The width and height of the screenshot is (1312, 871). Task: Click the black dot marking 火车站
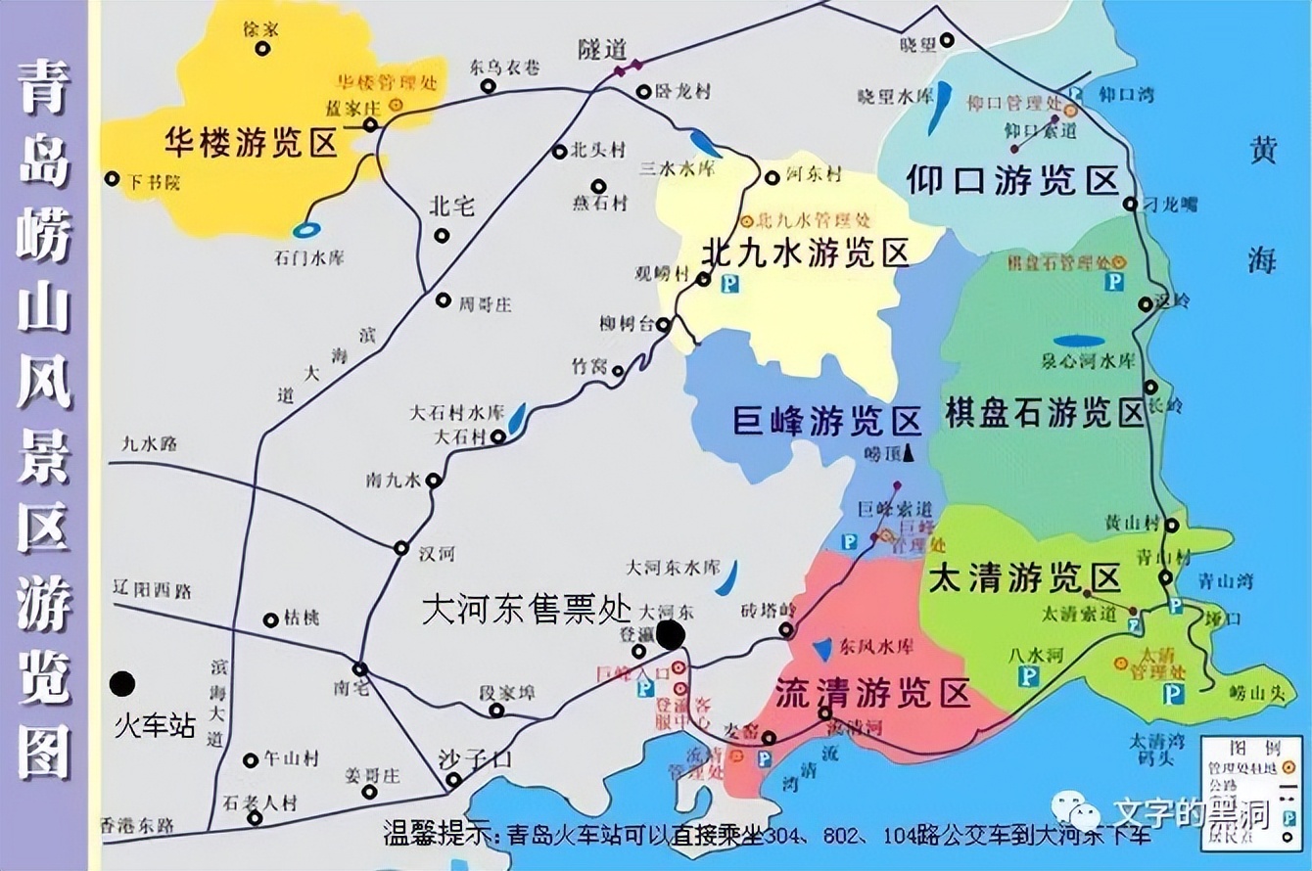122,683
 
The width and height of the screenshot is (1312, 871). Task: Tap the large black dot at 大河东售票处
671,635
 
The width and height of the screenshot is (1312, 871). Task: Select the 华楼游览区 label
251,143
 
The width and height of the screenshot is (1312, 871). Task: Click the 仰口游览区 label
1012,180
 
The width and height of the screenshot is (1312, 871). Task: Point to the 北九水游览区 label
806,252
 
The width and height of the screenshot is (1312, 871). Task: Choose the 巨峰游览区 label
827,423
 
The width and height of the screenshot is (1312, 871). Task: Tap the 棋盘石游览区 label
1046,412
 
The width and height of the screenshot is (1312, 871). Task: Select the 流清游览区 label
872,693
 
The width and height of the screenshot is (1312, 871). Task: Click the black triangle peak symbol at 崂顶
909,451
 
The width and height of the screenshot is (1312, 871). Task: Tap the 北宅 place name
451,206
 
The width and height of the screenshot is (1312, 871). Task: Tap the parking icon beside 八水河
1028,676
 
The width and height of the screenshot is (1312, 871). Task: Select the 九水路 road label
149,443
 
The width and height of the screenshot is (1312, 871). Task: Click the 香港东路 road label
137,826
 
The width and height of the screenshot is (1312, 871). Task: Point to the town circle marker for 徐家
261,48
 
